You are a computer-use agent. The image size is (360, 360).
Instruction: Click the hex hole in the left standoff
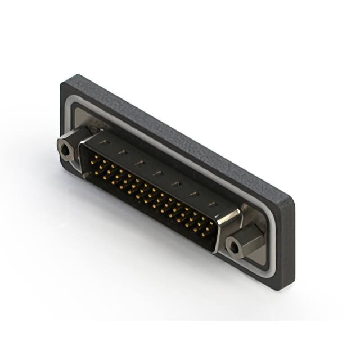tap(66, 150)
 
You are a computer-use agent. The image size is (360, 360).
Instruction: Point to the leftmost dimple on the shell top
tap(102, 142)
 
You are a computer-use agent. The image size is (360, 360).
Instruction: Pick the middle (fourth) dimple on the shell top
tap(158, 173)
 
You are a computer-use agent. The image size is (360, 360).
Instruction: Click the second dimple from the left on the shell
tap(120, 152)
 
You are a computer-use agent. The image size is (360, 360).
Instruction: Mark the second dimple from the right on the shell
tap(195, 194)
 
